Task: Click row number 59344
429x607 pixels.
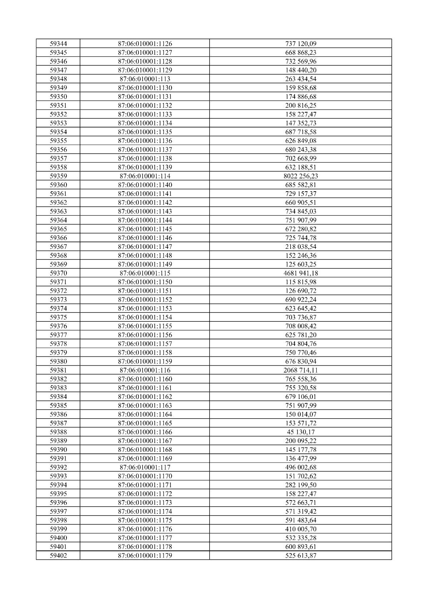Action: tap(58, 44)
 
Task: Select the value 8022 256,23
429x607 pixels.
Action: tap(301, 176)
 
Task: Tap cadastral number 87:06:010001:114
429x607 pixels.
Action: tap(145, 176)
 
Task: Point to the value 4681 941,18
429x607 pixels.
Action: tap(301, 273)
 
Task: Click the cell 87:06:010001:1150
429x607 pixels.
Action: tap(145, 282)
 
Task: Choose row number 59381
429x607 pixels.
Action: tap(58, 370)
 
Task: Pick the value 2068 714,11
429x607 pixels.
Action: tap(301, 370)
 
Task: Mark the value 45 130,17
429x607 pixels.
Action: tap(301, 432)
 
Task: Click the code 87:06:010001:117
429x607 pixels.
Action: tap(145, 467)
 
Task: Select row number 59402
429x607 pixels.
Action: tap(58, 556)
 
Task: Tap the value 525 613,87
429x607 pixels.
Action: tap(301, 556)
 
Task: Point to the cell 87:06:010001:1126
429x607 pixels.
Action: tap(145, 44)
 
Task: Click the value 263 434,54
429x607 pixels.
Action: tap(301, 79)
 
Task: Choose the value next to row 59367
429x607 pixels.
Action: tap(301, 247)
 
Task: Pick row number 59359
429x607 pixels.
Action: tap(58, 176)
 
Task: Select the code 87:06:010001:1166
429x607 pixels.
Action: tap(145, 432)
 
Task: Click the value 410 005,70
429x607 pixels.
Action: tap(301, 529)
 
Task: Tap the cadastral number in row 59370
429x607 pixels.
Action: tap(145, 273)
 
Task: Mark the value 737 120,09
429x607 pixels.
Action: tap(301, 44)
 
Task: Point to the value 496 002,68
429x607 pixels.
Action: tap(301, 467)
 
